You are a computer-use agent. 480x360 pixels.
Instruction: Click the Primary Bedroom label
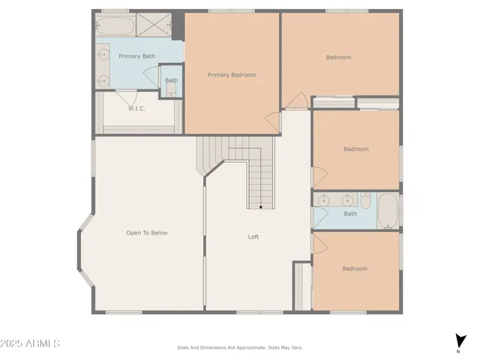(x=232, y=75)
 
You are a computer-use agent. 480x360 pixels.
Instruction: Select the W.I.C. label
(x=136, y=109)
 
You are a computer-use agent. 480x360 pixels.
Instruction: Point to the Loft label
(x=253, y=237)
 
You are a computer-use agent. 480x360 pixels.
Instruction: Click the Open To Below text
(x=147, y=232)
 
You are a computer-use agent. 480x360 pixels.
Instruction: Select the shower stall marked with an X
(x=154, y=26)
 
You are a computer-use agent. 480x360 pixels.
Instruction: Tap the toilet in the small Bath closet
(x=172, y=90)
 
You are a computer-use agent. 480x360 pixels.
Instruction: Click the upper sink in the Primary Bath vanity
(x=103, y=54)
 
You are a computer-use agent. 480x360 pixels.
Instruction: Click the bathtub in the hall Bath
(x=388, y=211)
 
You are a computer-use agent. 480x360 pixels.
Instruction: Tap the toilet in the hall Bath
(x=365, y=202)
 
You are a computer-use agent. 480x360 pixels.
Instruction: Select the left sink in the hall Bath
(x=324, y=200)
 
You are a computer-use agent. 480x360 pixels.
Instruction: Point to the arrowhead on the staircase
(x=261, y=206)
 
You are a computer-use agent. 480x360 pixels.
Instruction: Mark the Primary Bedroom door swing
(x=271, y=118)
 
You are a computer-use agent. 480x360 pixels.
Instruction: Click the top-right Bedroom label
(x=338, y=58)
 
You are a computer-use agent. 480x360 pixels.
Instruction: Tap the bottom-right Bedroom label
(x=355, y=268)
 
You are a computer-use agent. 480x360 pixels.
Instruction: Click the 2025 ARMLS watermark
(x=30, y=343)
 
